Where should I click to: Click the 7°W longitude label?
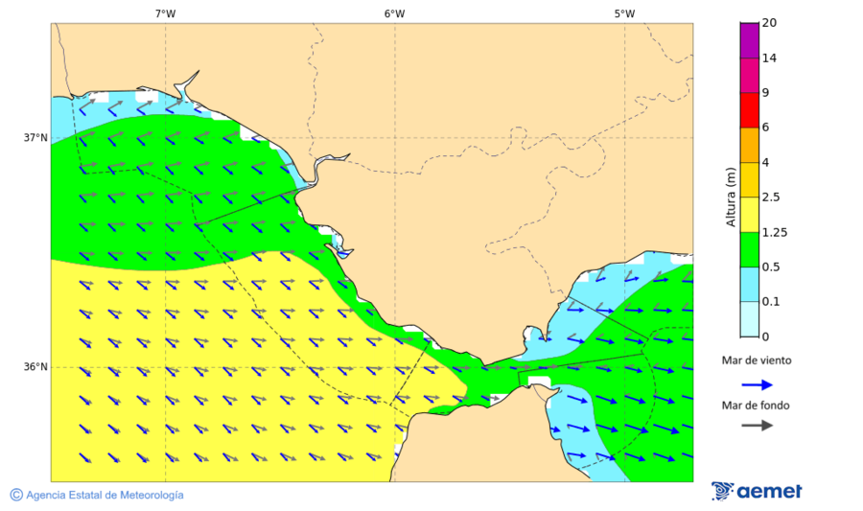[165, 13]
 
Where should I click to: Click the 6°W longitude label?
[394, 13]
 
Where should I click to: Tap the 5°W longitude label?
[624, 13]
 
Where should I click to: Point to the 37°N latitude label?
[35, 137]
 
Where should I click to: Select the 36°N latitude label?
[35, 367]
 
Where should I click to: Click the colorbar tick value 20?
[769, 23]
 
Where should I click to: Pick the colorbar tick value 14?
[769, 58]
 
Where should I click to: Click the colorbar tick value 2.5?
[770, 197]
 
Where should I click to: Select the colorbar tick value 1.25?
[773, 232]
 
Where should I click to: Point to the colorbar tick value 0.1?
[770, 302]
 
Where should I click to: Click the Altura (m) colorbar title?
[731, 196]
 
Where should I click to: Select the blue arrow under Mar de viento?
[757, 384]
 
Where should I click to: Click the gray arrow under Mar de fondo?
[757, 425]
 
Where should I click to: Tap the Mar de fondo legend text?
[757, 406]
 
